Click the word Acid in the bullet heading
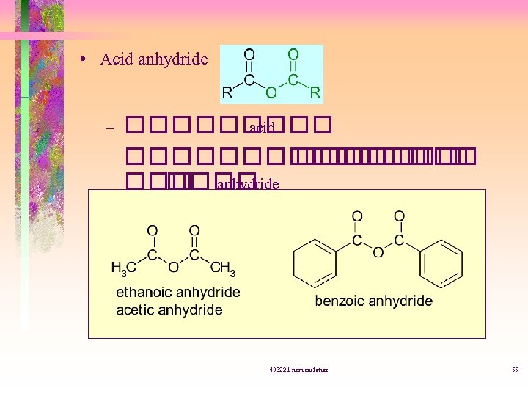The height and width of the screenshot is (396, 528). pyautogui.click(x=116, y=59)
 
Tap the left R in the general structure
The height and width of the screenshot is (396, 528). pyautogui.click(x=227, y=93)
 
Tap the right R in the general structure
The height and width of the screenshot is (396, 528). pyautogui.click(x=315, y=93)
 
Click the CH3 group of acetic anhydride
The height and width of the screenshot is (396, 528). pyautogui.click(x=222, y=269)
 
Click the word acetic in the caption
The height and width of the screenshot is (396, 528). pyautogui.click(x=136, y=310)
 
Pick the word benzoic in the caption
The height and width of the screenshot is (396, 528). pyautogui.click(x=341, y=301)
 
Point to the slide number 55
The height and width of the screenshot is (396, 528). pyautogui.click(x=514, y=369)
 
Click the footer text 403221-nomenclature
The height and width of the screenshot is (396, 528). pyautogui.click(x=298, y=369)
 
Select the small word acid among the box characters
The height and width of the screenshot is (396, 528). pyautogui.click(x=261, y=129)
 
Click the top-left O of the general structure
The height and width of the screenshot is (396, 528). pyautogui.click(x=249, y=54)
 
